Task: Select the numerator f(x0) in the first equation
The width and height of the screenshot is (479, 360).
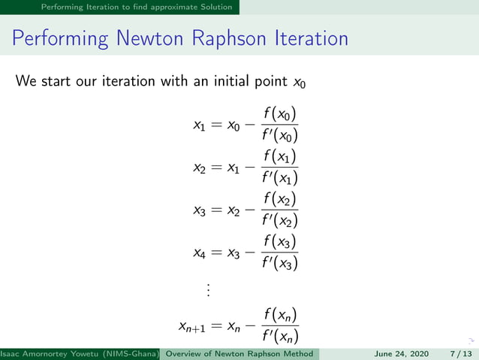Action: pyautogui.click(x=281, y=114)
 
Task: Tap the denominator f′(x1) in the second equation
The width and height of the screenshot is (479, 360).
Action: pyautogui.click(x=281, y=178)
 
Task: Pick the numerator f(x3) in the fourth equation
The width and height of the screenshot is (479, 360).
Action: pyautogui.click(x=281, y=243)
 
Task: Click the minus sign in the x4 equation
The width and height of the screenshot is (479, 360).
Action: pyautogui.click(x=247, y=254)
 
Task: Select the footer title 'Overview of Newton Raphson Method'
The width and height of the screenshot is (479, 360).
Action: pyautogui.click(x=239, y=353)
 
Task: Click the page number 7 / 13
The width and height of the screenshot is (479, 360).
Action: pyautogui.click(x=461, y=353)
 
